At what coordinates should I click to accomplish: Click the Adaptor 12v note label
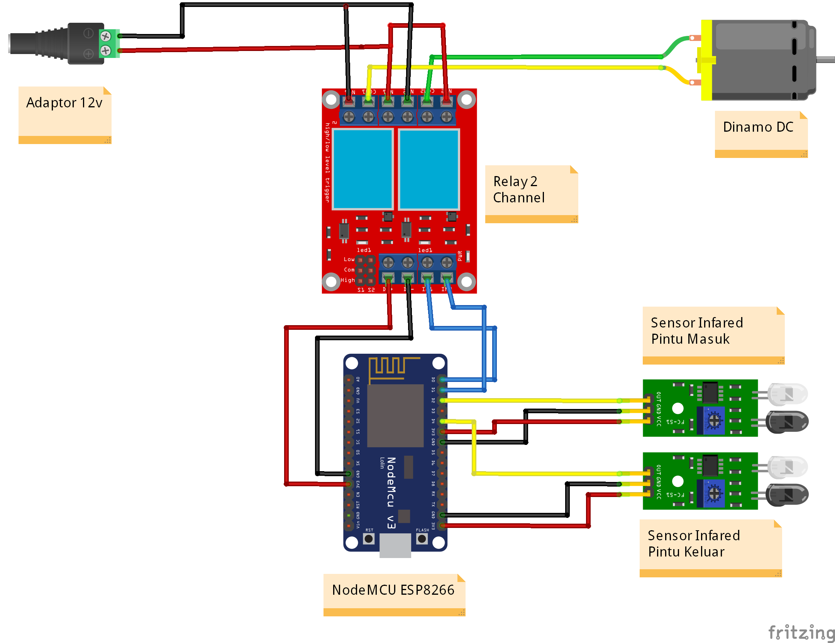coord(64,103)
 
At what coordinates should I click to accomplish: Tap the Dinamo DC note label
coord(758,127)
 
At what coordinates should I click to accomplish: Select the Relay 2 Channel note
coord(519,190)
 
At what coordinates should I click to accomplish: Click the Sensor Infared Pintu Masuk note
coord(696,331)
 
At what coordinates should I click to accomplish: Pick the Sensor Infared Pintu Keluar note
coord(693,543)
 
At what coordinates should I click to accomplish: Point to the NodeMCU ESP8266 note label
coord(393,590)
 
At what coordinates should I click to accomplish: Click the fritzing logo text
coord(801,633)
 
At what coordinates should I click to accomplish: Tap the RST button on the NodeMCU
coord(369,538)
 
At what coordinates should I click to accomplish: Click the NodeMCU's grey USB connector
coord(395,545)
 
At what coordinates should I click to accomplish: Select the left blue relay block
coord(362,169)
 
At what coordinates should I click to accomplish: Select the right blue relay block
coord(429,169)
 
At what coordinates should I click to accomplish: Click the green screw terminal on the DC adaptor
coord(109,43)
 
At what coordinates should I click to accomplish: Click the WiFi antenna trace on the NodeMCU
coord(390,367)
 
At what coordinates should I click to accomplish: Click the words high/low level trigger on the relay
coord(327,162)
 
